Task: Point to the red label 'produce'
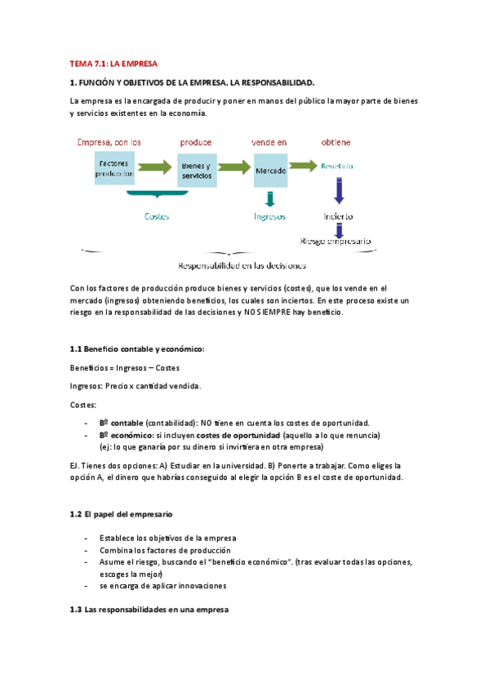196,142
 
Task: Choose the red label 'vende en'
269,142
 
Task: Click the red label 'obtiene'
336,142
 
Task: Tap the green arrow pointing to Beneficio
303,166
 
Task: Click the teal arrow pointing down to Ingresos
270,198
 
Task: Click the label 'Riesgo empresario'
336,241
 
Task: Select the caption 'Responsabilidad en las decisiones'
242,265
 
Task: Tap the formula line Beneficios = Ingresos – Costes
125,368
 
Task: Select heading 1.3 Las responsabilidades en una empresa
150,610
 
